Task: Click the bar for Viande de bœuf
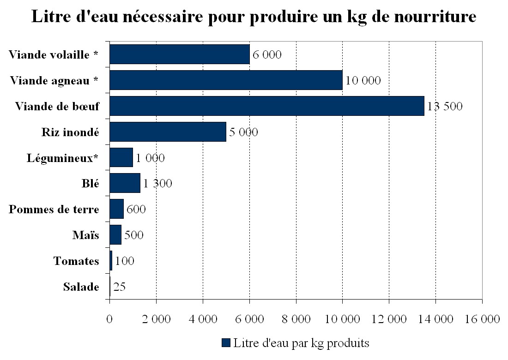pos(266,106)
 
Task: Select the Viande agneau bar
pos(226,80)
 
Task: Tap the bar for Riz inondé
pos(168,132)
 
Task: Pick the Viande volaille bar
pos(179,54)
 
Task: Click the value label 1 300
pos(157,184)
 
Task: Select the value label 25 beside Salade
pos(119,287)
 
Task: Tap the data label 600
pos(136,210)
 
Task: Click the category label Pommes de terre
pos(54,210)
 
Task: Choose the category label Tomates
pos(76,261)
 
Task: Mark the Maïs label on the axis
pos(85,235)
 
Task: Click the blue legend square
pos(226,342)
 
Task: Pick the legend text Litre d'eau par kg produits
pos(301,343)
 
